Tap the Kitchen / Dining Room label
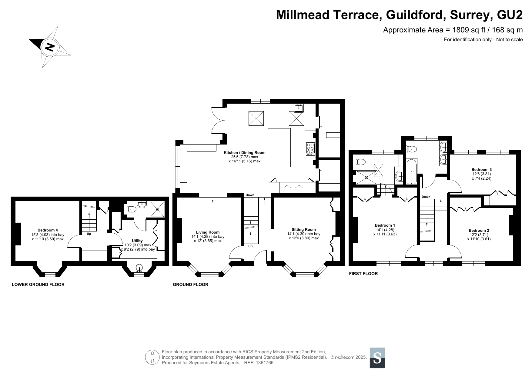tap(244, 153)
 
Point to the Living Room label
tap(208, 232)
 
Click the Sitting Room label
tap(304, 230)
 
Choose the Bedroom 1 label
tap(385, 225)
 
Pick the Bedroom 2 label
tap(479, 231)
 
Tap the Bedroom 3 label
tap(481, 170)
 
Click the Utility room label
tap(137, 241)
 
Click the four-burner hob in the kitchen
tap(310, 149)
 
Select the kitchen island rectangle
tap(279, 148)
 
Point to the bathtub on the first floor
tap(411, 171)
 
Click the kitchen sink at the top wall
tap(299, 107)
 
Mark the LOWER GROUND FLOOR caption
tap(38, 284)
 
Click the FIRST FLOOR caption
tap(363, 274)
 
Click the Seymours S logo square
tap(377, 358)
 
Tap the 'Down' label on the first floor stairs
tap(426, 197)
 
